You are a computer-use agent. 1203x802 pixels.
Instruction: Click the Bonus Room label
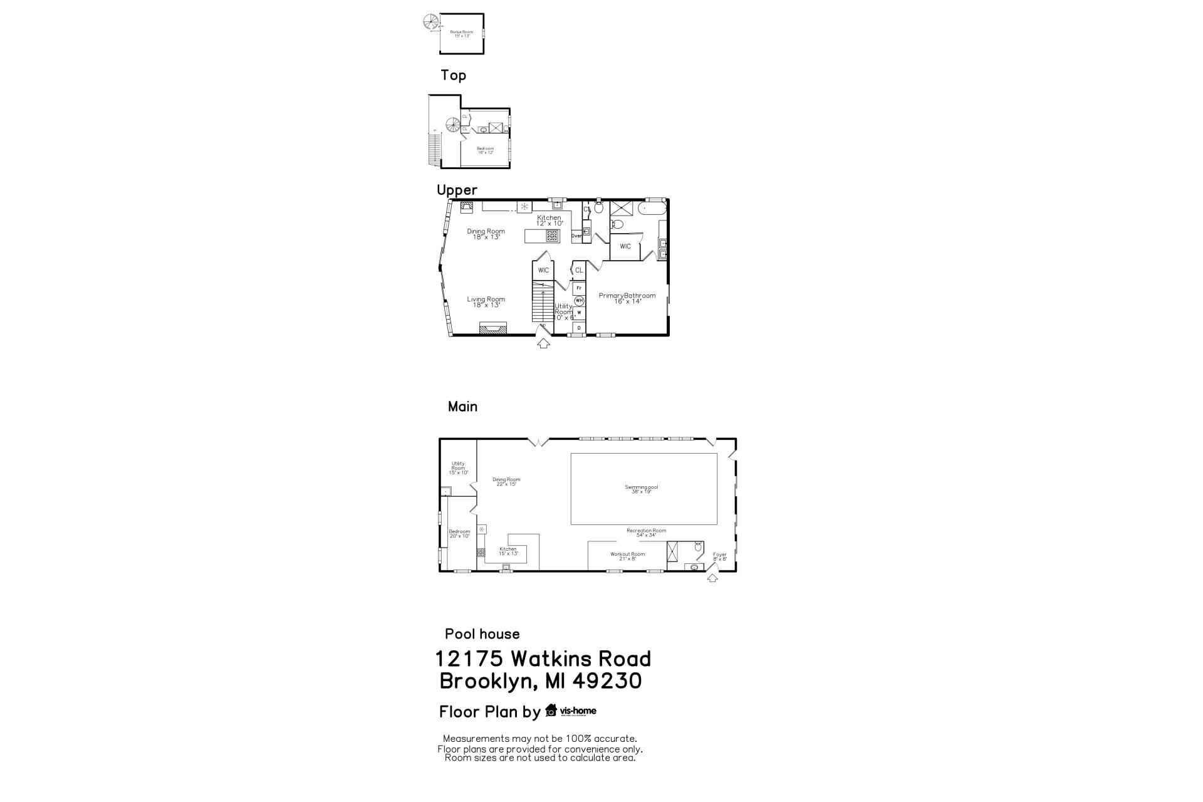click(462, 34)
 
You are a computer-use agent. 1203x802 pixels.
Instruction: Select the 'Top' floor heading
click(453, 75)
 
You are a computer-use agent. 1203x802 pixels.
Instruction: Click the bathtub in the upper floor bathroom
click(652, 209)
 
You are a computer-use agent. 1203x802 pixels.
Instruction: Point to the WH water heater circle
click(579, 300)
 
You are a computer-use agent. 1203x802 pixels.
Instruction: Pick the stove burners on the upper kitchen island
click(552, 236)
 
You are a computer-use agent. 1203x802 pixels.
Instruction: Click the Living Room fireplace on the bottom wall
click(492, 328)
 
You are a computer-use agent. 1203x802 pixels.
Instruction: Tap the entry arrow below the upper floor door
click(543, 343)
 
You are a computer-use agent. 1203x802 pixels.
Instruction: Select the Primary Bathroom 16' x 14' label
click(627, 298)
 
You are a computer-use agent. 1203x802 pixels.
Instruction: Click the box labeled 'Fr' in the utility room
click(579, 288)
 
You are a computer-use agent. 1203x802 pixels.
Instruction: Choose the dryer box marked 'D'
click(579, 327)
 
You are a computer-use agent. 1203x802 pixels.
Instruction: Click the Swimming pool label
click(642, 489)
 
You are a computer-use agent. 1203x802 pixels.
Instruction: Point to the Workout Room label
click(627, 556)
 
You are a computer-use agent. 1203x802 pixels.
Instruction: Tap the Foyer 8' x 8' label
click(720, 556)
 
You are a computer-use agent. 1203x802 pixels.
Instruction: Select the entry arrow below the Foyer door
click(712, 578)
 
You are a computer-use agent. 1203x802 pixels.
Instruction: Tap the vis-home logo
click(571, 711)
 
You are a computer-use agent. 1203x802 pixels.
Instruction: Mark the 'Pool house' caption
click(482, 634)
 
